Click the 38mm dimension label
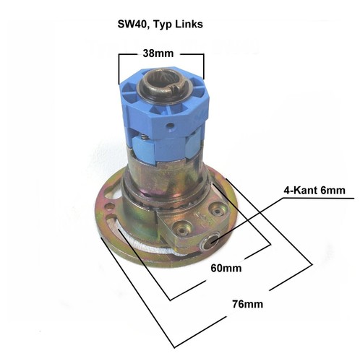[x=158, y=53]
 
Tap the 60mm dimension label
[x=226, y=268]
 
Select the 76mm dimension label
[x=248, y=304]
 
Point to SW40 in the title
[x=133, y=25]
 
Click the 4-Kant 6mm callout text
[x=314, y=191]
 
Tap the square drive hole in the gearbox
[x=211, y=241]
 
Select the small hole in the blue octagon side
[x=171, y=126]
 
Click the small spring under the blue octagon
[x=144, y=137]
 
